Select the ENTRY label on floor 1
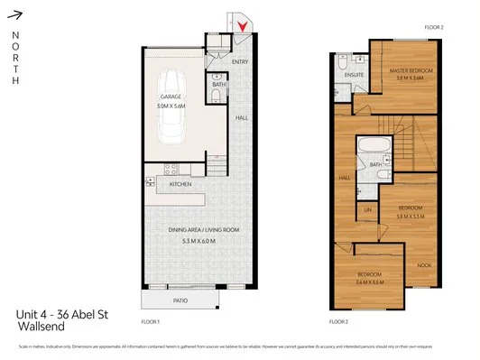pos(240,61)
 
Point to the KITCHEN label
pos(180,185)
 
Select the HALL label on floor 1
pos(242,116)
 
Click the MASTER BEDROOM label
pos(411,69)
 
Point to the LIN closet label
pos(367,210)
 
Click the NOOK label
pos(424,264)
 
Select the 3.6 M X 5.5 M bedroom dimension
pos(371,282)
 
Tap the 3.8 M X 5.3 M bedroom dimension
pos(411,217)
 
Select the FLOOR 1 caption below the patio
pos(151,321)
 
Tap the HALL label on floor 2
pos(345,178)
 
